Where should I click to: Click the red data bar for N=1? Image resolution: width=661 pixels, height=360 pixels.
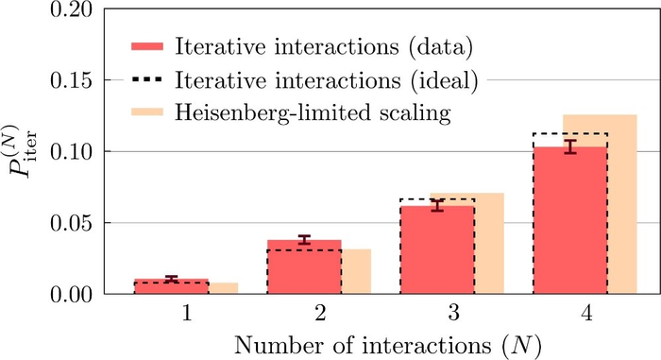click(171, 287)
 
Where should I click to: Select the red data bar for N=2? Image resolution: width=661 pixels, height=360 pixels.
click(304, 268)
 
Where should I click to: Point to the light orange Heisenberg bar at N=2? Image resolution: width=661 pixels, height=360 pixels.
click(356, 272)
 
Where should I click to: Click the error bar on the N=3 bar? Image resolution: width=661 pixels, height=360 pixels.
click(437, 205)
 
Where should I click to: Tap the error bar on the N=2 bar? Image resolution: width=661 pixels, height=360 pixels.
click(304, 240)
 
